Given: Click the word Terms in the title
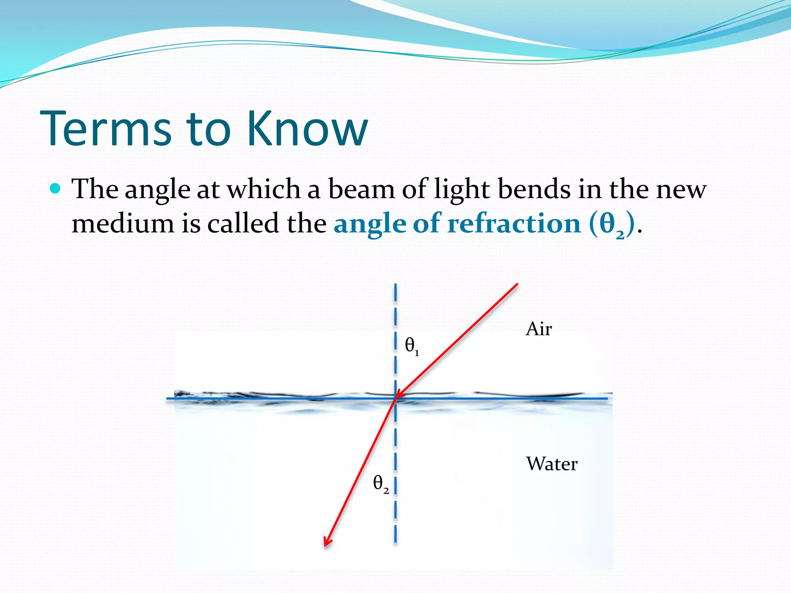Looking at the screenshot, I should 105,129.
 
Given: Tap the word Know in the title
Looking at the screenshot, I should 307,129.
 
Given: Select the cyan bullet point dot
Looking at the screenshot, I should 56,188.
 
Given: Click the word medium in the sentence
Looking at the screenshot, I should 123,224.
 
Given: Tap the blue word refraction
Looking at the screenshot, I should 514,224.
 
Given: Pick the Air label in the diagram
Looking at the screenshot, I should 538,329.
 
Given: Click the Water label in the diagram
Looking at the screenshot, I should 552,464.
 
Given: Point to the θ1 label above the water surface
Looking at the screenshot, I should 411,346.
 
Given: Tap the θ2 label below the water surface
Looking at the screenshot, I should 380,484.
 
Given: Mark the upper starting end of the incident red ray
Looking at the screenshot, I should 517,285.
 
